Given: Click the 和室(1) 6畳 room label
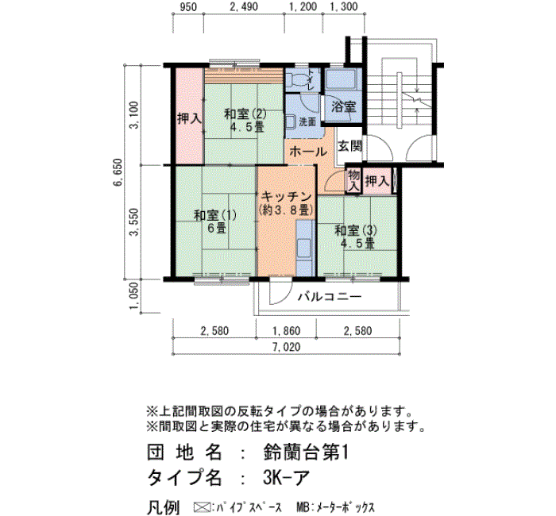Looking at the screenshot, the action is [x=215, y=221].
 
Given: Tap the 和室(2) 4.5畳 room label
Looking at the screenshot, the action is [x=245, y=121].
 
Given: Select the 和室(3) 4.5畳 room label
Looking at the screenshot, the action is [x=356, y=237].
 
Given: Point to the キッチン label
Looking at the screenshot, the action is [x=286, y=196].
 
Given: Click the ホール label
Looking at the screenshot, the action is [x=308, y=152].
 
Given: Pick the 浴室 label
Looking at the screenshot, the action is [x=344, y=106].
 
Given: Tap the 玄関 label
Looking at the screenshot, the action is [x=350, y=146].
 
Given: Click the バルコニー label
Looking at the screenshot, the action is [x=330, y=296].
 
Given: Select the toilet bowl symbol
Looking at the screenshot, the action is [x=298, y=80].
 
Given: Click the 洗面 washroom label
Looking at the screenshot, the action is [x=307, y=122].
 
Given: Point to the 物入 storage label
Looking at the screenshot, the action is [x=353, y=181].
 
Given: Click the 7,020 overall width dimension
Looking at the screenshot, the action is [x=287, y=347].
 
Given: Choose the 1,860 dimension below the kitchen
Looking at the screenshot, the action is [x=286, y=331].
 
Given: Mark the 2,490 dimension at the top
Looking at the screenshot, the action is [x=244, y=6].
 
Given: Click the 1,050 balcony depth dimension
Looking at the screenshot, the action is [x=134, y=296].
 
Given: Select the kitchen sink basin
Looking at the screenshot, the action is [x=304, y=248].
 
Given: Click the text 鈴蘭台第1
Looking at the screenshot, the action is [x=306, y=453].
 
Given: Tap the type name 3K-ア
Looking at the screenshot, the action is [x=287, y=478].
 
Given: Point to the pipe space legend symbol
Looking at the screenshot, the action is [x=202, y=506].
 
